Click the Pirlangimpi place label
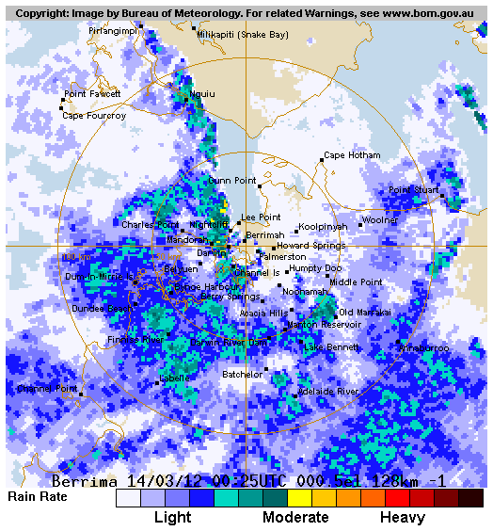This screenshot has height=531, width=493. [112, 30]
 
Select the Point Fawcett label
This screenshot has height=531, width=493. [92, 94]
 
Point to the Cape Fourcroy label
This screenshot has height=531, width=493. [93, 116]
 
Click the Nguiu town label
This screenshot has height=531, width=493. [202, 94]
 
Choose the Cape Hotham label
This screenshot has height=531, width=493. [352, 155]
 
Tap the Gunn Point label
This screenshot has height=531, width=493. [232, 181]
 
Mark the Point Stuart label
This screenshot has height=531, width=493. [414, 190]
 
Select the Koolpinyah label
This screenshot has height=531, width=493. [323, 227]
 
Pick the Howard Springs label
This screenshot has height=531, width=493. [310, 246]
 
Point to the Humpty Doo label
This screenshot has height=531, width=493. [315, 268]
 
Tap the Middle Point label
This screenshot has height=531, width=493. [356, 282]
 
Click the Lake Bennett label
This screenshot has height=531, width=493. [330, 347]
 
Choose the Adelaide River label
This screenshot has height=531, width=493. [327, 391]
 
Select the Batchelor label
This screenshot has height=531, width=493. [243, 375]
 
